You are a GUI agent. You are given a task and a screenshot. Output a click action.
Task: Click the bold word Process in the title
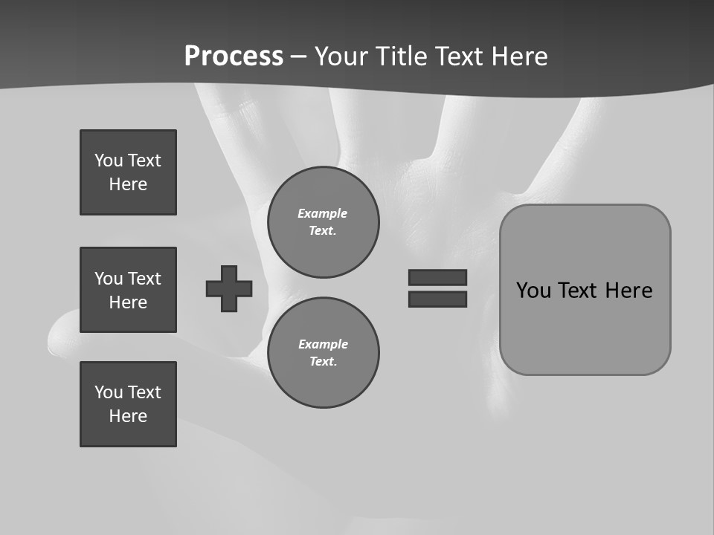pyautogui.click(x=234, y=56)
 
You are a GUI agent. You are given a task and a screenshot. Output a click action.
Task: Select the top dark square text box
pyautogui.click(x=128, y=172)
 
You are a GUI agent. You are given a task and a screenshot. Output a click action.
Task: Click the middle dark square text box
pyautogui.click(x=128, y=290)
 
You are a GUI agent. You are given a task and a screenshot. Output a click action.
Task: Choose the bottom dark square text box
pyautogui.click(x=128, y=404)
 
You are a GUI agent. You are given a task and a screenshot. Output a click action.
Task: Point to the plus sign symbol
pyautogui.click(x=229, y=288)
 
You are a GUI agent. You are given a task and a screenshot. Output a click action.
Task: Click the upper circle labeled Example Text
pyautogui.click(x=324, y=222)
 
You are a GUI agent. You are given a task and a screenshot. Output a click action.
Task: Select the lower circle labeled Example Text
pyautogui.click(x=324, y=353)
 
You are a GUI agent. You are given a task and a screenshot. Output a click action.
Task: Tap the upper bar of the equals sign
pyautogui.click(x=437, y=277)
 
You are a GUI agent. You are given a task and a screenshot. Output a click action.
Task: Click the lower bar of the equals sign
pyautogui.click(x=437, y=299)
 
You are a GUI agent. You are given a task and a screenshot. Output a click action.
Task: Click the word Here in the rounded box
pyautogui.click(x=628, y=291)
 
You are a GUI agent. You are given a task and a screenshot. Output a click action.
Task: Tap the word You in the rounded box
pyautogui.click(x=534, y=291)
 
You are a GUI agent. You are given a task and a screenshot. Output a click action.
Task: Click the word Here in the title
pyautogui.click(x=518, y=56)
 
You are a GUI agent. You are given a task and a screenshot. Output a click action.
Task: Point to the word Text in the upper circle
pyautogui.click(x=323, y=231)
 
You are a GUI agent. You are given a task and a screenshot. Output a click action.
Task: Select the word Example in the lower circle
pyautogui.click(x=323, y=344)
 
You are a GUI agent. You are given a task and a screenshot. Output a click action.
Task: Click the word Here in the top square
pyautogui.click(x=128, y=184)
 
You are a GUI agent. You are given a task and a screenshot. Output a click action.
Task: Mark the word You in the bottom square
pyautogui.click(x=109, y=392)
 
